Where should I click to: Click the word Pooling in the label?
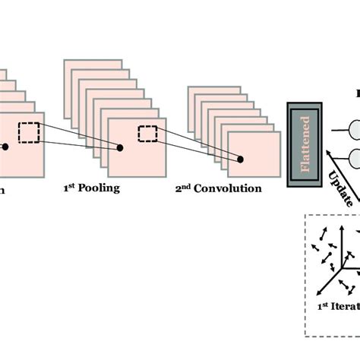point(99,188)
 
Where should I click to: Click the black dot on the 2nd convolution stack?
point(242,159)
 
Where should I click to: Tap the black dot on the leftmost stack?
point(4,147)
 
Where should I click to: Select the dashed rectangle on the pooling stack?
point(147,134)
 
